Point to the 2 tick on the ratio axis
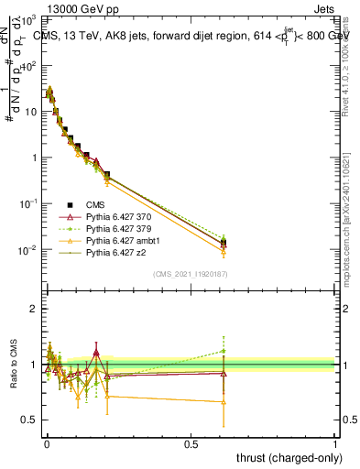[x=34, y=309]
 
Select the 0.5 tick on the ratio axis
[x=29, y=420]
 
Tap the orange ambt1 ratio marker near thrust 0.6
[x=224, y=401]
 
